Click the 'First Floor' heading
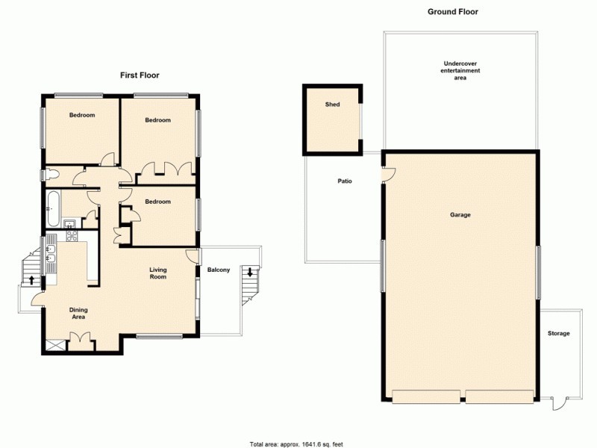click(140, 75)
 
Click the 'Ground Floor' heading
click(452, 12)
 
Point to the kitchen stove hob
click(72, 236)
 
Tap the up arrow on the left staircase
click(31, 280)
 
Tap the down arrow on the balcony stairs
click(249, 272)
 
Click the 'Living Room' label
click(157, 273)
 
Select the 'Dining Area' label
click(78, 314)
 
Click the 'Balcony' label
click(219, 270)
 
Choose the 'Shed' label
click(332, 105)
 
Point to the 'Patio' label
click(344, 181)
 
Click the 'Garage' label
click(460, 215)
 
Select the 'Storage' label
click(558, 333)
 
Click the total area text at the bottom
click(298, 442)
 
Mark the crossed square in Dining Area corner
click(51, 344)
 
